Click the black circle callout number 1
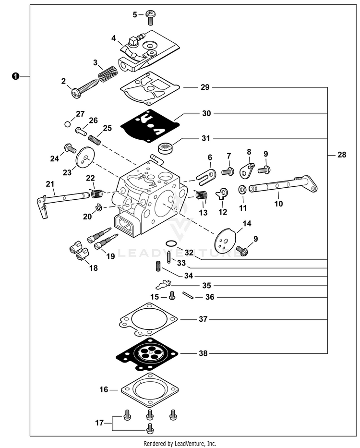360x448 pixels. [x=16, y=76]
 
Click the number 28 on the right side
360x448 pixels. [x=341, y=155]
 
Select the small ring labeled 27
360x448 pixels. [x=67, y=124]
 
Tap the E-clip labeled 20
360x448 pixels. [x=98, y=207]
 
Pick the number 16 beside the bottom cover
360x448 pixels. [x=103, y=389]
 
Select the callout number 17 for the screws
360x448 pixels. [x=99, y=423]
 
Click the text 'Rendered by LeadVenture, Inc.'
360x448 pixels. [x=180, y=443]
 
